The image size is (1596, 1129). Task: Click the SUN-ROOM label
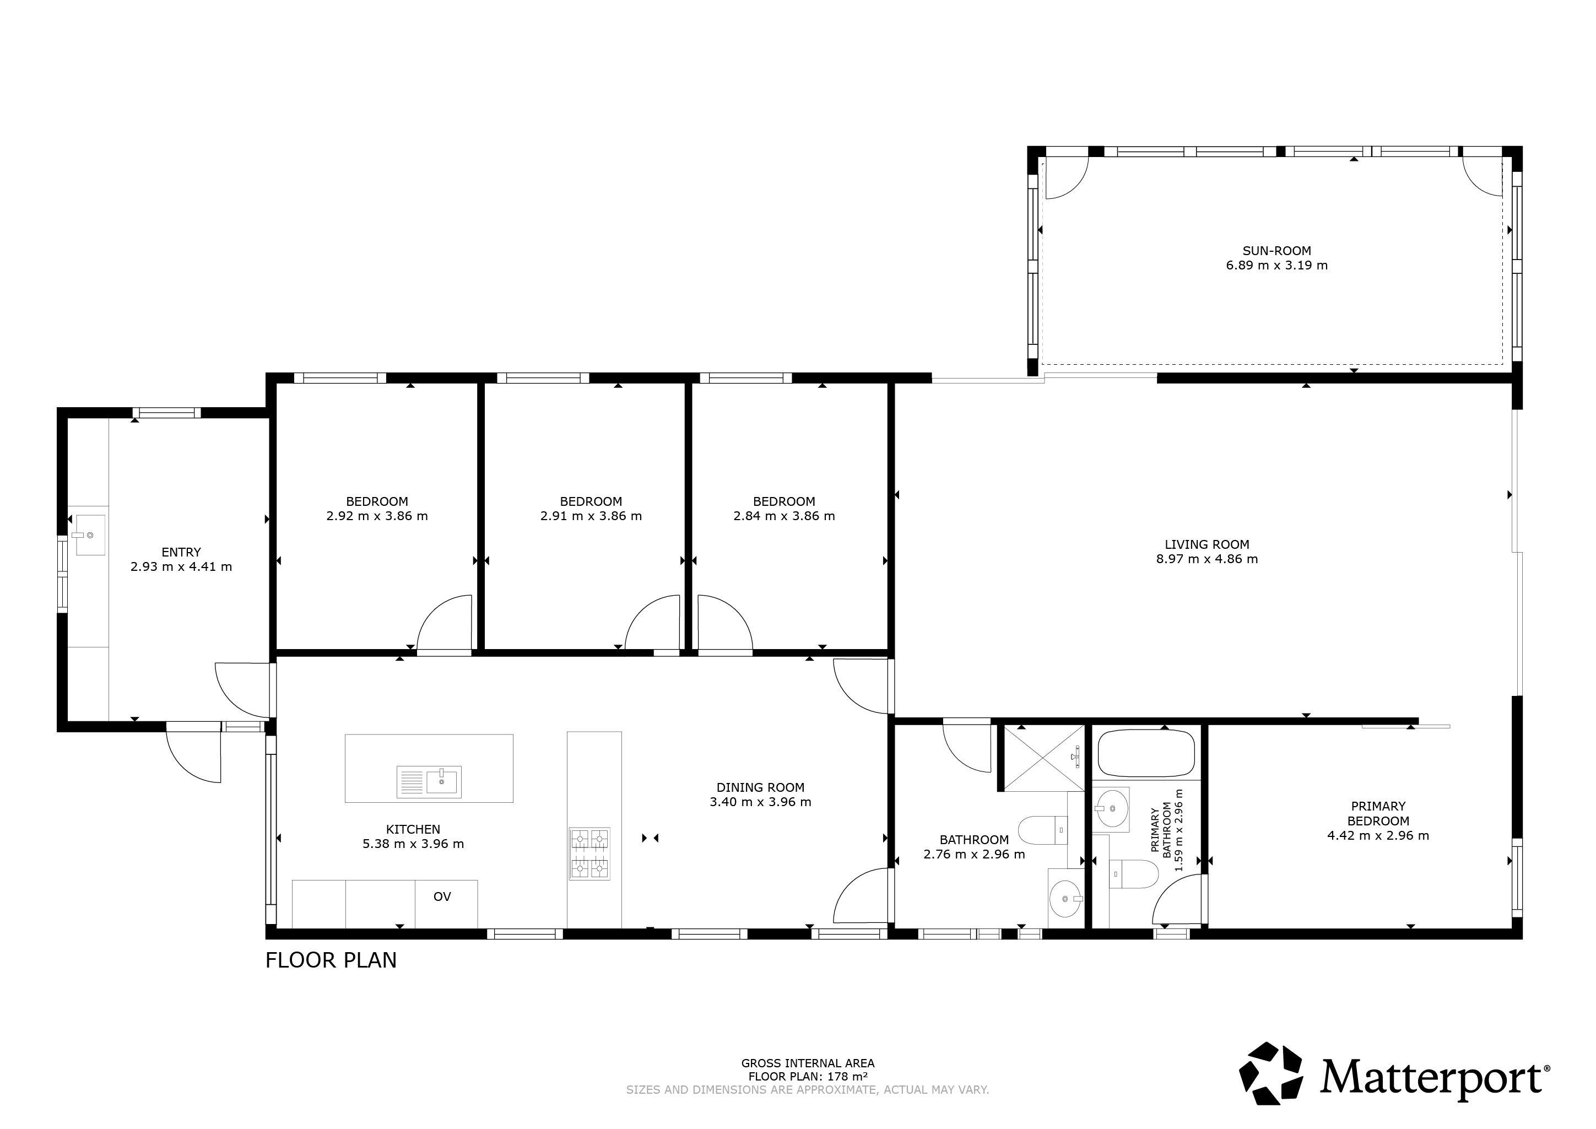(x=1277, y=251)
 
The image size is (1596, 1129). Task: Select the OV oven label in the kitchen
(x=442, y=897)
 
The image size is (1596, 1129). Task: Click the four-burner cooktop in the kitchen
(x=589, y=853)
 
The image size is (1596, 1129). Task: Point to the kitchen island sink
(x=429, y=782)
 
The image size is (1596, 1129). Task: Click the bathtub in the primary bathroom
(x=1146, y=753)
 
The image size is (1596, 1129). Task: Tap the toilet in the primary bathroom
(x=1134, y=874)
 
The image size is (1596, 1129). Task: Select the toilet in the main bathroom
(x=1043, y=830)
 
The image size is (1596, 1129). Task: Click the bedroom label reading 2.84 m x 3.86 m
(x=784, y=516)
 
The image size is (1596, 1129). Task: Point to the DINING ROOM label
(x=760, y=788)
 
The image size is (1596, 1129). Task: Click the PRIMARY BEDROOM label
(x=1378, y=813)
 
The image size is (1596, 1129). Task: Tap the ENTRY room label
(x=181, y=552)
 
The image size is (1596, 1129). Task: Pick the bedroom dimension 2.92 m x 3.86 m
(x=377, y=516)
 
